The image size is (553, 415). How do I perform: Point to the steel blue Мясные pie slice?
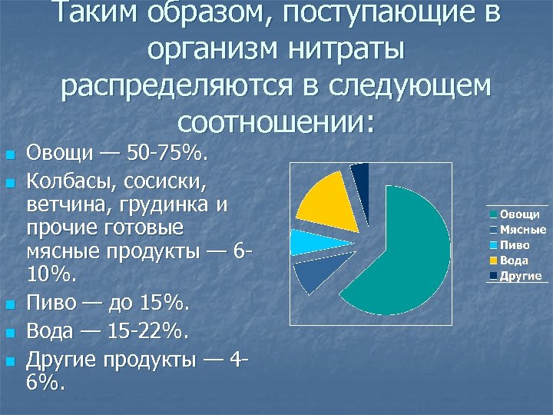coord(313,276)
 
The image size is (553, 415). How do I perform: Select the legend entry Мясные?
coord(522,230)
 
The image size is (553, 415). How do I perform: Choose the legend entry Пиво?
coord(515,245)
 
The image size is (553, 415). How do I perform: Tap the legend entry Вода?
coord(514,261)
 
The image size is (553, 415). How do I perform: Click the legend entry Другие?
coord(520,276)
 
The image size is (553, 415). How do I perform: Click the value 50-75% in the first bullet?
coord(166,154)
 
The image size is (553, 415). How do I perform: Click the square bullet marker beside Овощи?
coord(10,156)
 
